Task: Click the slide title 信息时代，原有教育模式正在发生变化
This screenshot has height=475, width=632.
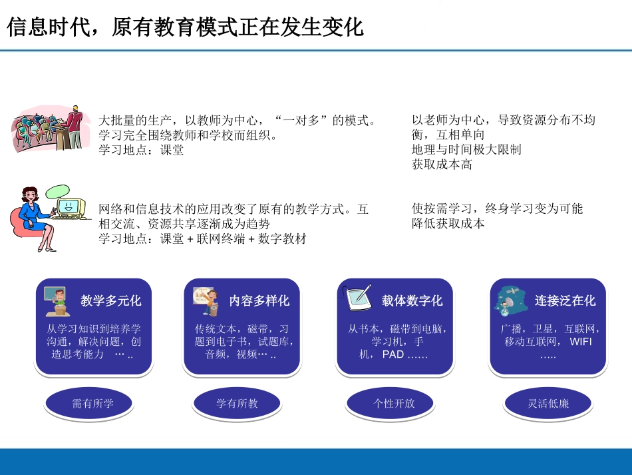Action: (185, 27)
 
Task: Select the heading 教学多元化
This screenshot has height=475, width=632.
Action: (111, 300)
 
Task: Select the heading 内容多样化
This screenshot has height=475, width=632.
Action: (259, 300)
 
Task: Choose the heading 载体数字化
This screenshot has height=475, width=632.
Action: (412, 300)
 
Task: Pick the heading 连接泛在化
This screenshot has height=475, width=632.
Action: (565, 300)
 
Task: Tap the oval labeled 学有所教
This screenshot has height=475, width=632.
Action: (237, 403)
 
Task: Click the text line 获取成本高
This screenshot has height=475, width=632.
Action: (442, 165)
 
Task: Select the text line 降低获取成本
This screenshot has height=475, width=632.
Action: (448, 223)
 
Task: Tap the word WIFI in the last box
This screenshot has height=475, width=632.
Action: (580, 342)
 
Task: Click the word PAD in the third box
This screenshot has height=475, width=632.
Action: (393, 354)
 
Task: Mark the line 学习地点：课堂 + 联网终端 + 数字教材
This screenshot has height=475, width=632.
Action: (202, 238)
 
